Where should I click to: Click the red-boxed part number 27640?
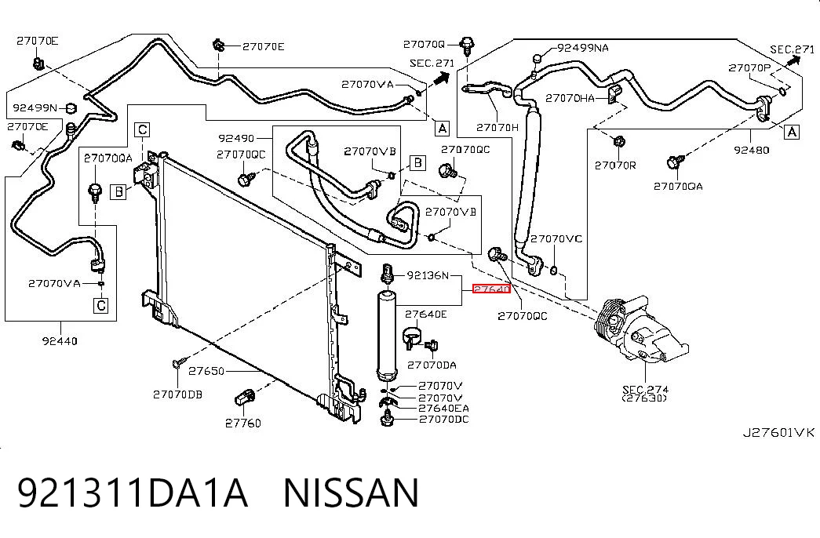pos(491,289)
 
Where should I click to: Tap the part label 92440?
pos(60,341)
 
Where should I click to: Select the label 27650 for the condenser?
pos(206,371)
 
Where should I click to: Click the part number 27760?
pos(243,423)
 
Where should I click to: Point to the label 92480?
pos(752,150)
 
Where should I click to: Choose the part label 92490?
pos(236,138)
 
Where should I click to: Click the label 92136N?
pos(428,275)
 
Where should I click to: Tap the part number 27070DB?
pos(178,394)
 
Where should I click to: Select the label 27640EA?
pos(443,408)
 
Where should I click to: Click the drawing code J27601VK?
pos(779,432)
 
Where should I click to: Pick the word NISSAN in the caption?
pos(351,493)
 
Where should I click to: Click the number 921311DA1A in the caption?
pos(133,493)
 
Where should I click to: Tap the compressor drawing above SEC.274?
pos(641,329)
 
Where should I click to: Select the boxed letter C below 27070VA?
pos(101,305)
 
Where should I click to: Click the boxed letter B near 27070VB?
pos(417,162)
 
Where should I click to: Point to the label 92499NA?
pos(583,48)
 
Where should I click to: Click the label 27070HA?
pos(570,98)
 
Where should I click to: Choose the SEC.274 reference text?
pos(645,390)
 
